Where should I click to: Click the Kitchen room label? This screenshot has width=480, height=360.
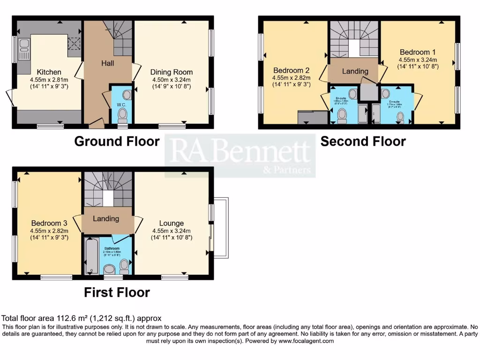click(x=49, y=72)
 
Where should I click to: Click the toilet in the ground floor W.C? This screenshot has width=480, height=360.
click(x=122, y=114)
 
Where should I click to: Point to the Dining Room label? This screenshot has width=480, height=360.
click(x=172, y=72)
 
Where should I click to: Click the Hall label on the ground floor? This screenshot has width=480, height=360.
click(x=108, y=63)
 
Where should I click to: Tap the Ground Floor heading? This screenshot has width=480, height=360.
click(x=117, y=141)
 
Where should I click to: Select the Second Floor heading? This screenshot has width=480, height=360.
click(x=363, y=141)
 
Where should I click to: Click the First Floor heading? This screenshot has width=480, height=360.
click(x=117, y=292)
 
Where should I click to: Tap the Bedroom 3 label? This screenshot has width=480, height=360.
click(x=49, y=223)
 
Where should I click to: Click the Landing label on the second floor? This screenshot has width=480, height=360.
click(x=355, y=71)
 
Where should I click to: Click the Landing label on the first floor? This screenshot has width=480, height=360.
click(x=106, y=218)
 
